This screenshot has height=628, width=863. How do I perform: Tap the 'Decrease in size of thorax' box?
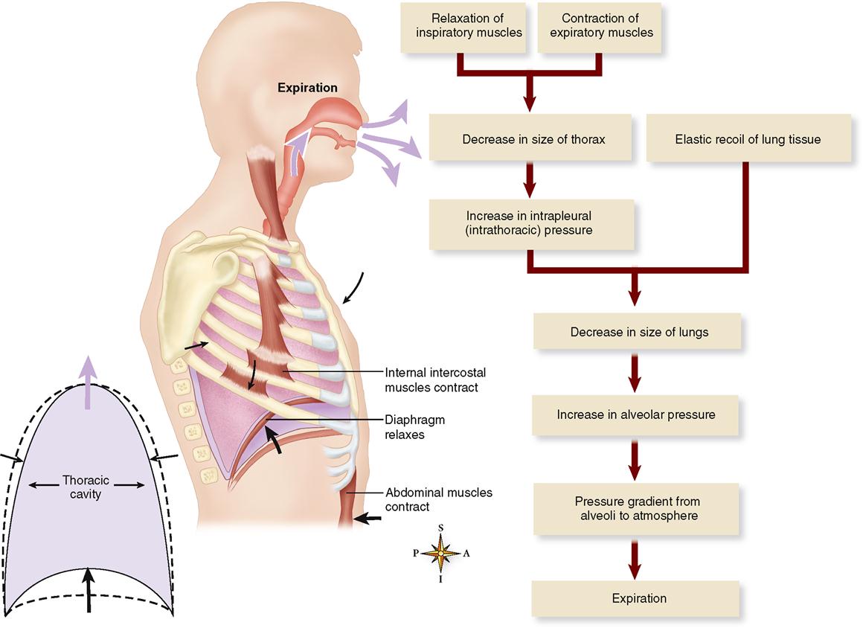[533, 139]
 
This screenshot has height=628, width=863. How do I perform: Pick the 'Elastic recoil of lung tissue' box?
[748, 139]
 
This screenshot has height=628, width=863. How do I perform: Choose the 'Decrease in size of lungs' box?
[639, 332]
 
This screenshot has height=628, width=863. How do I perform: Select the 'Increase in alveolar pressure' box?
[636, 414]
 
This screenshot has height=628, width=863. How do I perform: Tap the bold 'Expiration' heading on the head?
[307, 88]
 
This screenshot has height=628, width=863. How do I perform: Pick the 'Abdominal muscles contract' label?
[438, 499]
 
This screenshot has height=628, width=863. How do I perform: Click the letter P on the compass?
[417, 554]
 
